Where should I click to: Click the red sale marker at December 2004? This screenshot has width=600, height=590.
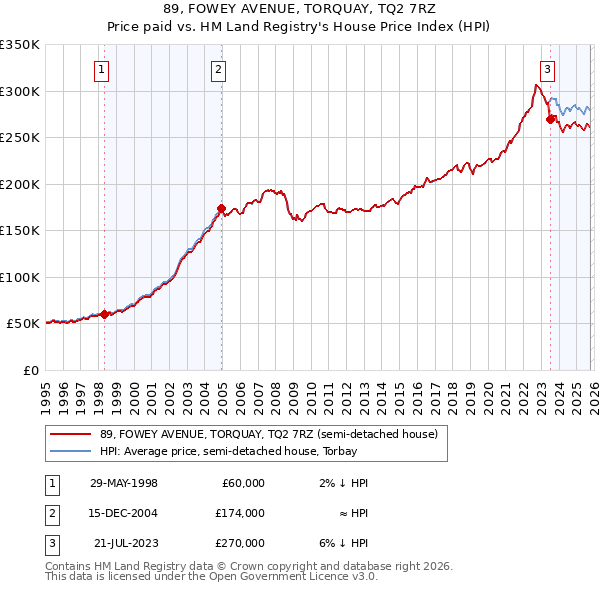(221, 208)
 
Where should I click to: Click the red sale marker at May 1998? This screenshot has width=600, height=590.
(105, 314)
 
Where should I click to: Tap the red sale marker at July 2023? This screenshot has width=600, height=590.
(550, 119)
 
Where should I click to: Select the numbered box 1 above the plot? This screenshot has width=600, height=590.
(103, 69)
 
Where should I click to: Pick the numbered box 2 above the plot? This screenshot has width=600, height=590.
(219, 69)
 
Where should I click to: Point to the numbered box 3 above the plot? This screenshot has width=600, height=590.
(548, 69)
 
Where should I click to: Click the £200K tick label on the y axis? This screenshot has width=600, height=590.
(20, 184)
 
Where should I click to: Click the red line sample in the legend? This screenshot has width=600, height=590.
(70, 435)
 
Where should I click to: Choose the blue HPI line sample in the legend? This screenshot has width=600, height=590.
(70, 451)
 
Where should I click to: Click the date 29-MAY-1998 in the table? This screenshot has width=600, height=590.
(124, 483)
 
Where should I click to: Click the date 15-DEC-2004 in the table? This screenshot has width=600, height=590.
(124, 513)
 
